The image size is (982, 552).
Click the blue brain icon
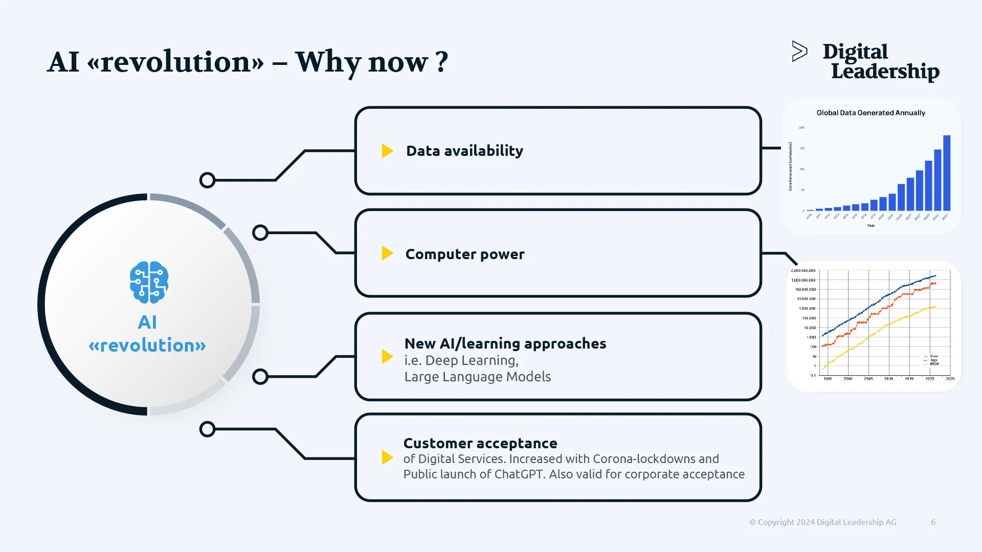pyautogui.click(x=149, y=282)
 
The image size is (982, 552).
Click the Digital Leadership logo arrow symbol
pyautogui.click(x=799, y=51)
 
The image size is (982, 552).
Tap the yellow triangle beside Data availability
pyautogui.click(x=387, y=151)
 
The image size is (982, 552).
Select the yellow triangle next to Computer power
pyautogui.click(x=387, y=254)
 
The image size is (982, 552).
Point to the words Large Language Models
pyautogui.click(x=477, y=377)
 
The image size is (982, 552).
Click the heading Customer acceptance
pyautogui.click(x=480, y=443)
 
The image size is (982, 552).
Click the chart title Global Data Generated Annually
pyautogui.click(x=871, y=113)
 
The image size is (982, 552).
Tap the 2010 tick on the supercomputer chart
pyautogui.click(x=889, y=379)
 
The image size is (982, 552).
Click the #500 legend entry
pyautogui.click(x=934, y=364)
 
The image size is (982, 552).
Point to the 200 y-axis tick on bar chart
pyautogui.click(x=802, y=128)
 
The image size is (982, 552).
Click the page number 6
pyautogui.click(x=933, y=522)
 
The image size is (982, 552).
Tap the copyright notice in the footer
pyautogui.click(x=822, y=522)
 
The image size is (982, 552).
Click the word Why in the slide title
pyautogui.click(x=328, y=62)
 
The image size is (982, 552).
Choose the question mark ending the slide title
pyautogui.click(x=442, y=62)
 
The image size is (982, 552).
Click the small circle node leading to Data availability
pyautogui.click(x=207, y=180)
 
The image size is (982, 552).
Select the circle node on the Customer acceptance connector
pyautogui.click(x=207, y=429)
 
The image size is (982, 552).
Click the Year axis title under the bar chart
pyautogui.click(x=871, y=225)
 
